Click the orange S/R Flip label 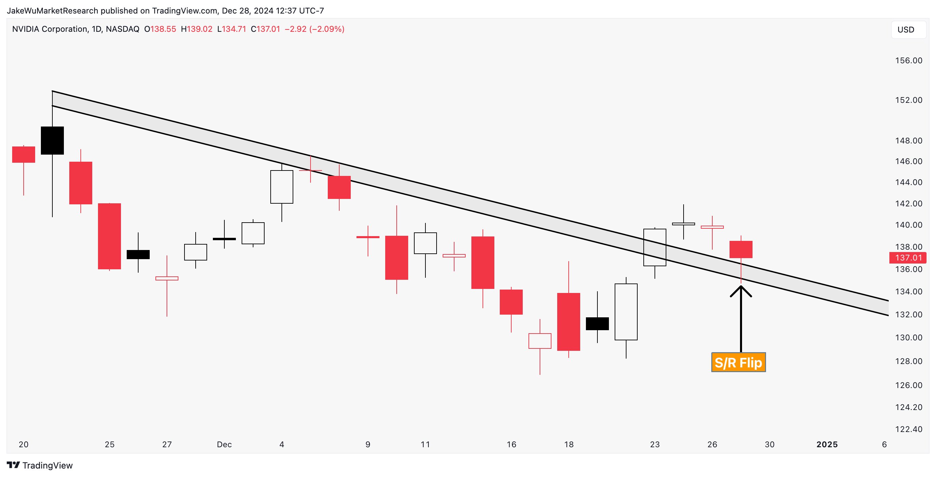tap(738, 362)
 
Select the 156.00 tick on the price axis tap(908, 61)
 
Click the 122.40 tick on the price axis tap(908, 429)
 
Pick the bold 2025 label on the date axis tap(827, 445)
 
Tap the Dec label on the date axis tap(224, 445)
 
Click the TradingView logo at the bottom tap(40, 465)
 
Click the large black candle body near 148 tap(52, 140)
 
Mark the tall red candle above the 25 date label tap(109, 236)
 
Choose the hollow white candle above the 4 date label tap(281, 187)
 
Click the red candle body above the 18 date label tap(569, 322)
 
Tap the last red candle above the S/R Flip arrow tap(741, 250)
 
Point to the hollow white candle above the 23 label tap(655, 247)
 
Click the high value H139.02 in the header tap(197, 29)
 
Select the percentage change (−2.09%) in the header tap(327, 29)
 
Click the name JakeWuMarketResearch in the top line tap(52, 10)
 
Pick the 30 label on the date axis tap(770, 445)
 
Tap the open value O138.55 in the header tap(160, 29)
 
